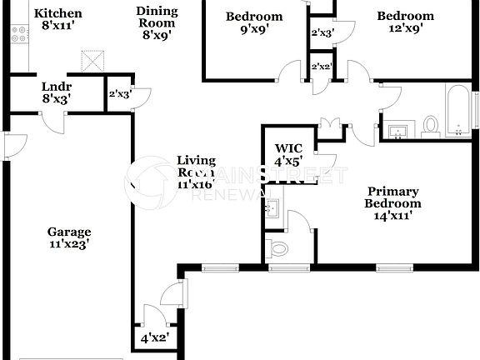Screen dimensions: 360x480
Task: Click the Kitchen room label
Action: click(57, 19)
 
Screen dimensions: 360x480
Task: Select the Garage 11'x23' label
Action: click(68, 238)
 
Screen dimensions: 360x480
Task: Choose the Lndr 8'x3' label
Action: click(57, 92)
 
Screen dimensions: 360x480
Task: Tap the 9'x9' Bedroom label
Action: click(254, 22)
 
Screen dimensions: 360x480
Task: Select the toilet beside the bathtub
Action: click(431, 124)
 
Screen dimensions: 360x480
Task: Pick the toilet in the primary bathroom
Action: click(278, 247)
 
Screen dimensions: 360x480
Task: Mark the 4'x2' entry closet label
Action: click(154, 338)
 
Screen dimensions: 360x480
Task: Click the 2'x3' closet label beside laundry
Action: click(117, 93)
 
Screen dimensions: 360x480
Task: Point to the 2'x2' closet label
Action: click(320, 66)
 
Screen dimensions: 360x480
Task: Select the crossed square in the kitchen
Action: click(92, 61)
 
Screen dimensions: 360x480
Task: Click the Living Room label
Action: click(196, 172)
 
